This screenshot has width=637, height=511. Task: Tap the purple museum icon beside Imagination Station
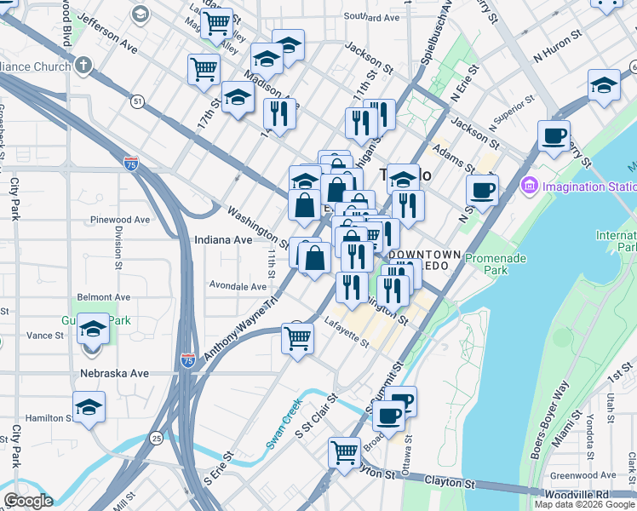(530, 186)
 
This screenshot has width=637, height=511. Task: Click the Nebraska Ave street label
(114, 374)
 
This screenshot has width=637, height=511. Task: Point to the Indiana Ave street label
(223, 240)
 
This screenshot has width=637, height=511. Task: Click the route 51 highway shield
(137, 101)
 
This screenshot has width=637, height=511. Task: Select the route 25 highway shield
(157, 438)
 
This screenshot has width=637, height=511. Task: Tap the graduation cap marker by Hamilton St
(89, 407)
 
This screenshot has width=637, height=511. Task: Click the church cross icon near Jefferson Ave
(83, 65)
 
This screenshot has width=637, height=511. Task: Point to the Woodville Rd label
(601, 494)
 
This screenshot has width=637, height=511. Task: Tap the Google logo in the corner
(28, 501)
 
